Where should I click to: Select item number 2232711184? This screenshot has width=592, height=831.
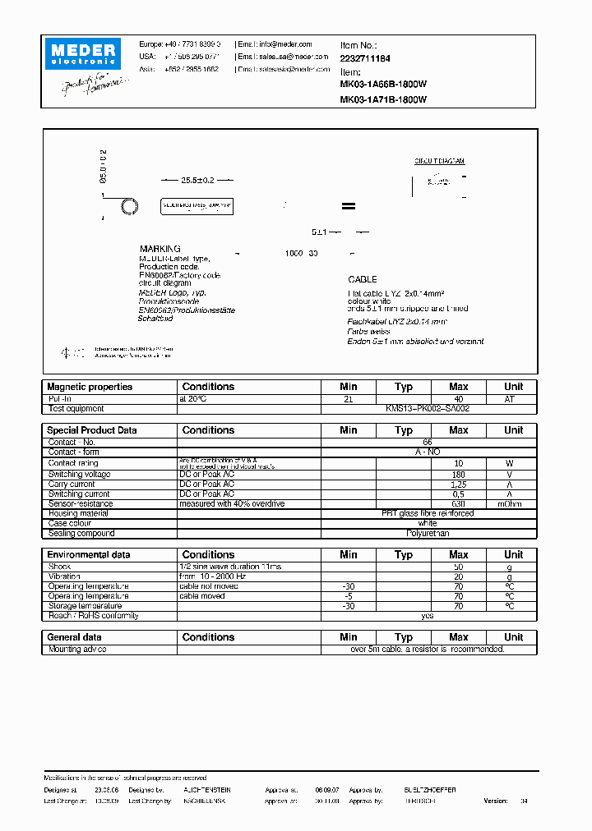coord(365,59)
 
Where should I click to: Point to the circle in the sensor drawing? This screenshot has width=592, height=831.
coord(128,206)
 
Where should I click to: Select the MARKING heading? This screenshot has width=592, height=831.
coord(160,249)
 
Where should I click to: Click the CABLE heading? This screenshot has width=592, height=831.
coord(362,280)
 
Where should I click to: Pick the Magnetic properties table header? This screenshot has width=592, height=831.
coord(90,387)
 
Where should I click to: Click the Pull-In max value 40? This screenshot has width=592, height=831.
coord(458,398)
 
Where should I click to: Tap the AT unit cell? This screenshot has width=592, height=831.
coord(513,398)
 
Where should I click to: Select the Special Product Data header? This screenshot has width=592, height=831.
coord(92,430)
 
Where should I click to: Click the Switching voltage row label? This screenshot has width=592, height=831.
coord(79,475)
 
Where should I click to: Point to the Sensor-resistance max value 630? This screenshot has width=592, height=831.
coord(458,504)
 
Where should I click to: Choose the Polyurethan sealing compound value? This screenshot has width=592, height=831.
coord(428,534)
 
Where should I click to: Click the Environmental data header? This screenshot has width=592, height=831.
coord(89,555)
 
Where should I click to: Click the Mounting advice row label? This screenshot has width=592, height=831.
coord(77,650)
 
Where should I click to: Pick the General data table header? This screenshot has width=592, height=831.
coord(75,637)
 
